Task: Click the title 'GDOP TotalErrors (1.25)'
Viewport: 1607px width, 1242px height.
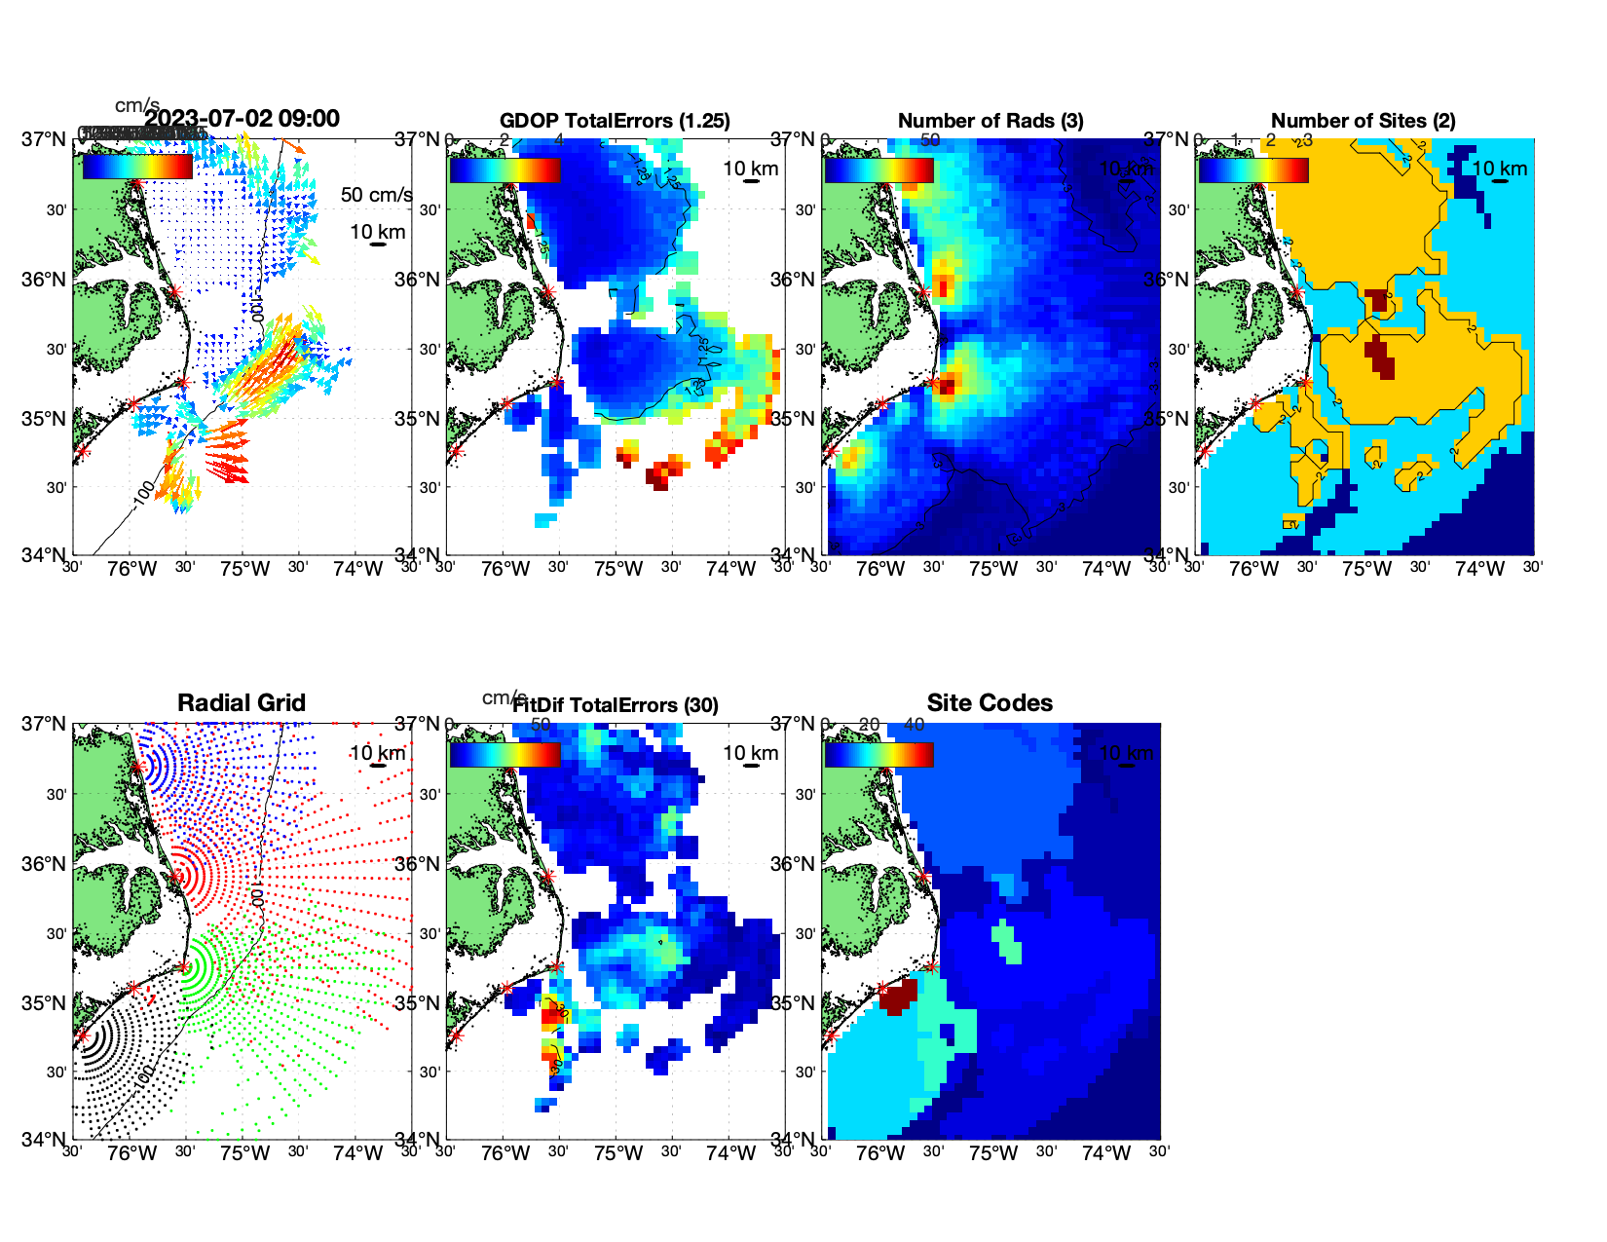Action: click(x=615, y=121)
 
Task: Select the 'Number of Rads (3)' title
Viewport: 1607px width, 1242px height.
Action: click(x=990, y=121)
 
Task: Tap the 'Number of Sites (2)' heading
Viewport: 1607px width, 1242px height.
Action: click(x=1364, y=121)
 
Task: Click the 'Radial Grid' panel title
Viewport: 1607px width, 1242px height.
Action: click(x=242, y=703)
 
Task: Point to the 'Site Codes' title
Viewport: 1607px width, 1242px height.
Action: click(x=990, y=703)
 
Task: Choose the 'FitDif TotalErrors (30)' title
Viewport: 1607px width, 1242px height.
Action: click(x=616, y=705)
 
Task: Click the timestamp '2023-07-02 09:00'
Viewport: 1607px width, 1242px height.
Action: click(x=243, y=119)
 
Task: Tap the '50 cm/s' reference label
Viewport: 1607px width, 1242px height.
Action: click(x=376, y=195)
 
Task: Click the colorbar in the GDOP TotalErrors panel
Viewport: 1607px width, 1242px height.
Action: click(x=505, y=169)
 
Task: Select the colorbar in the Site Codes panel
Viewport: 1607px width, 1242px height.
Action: click(x=878, y=754)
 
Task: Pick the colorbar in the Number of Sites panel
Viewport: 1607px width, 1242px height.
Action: click(x=1253, y=169)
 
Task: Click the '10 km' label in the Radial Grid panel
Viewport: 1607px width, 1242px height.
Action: click(x=377, y=753)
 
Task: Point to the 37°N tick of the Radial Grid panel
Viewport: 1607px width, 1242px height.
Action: click(x=44, y=724)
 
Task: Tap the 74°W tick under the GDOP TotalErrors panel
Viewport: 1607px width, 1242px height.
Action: click(x=730, y=569)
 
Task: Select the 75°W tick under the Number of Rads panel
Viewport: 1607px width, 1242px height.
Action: click(x=993, y=569)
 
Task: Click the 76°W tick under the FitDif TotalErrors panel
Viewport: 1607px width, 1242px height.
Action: click(x=505, y=1153)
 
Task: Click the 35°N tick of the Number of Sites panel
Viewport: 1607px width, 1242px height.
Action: click(x=1166, y=419)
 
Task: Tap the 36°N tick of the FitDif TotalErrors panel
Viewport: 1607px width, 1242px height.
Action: click(x=418, y=864)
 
